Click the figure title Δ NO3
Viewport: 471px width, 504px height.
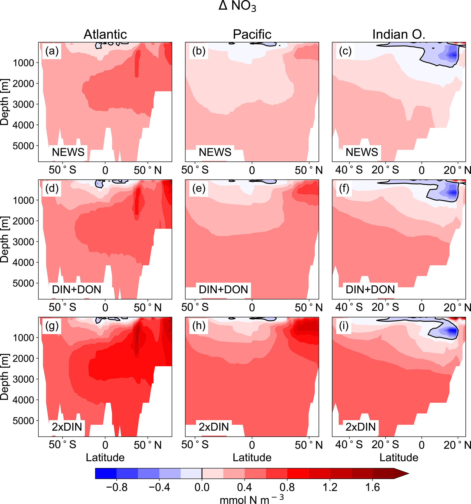pos(237,6)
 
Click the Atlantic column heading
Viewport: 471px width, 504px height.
pos(105,34)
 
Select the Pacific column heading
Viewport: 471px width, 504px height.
pos(252,34)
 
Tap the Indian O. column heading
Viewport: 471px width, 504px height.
pos(399,34)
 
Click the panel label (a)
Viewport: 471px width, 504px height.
pos(52,51)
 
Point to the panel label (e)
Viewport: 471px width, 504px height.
pos(199,189)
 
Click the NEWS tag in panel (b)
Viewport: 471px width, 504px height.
pos(215,152)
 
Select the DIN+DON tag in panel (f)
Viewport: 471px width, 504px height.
pos(370,290)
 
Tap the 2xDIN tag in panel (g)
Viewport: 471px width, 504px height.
pos(67,427)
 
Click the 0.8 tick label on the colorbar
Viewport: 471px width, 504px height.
pos(287,488)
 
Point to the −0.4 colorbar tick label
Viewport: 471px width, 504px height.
pos(159,488)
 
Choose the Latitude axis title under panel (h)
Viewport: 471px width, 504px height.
pos(252,458)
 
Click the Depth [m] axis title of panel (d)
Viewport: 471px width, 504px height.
pos(5,239)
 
